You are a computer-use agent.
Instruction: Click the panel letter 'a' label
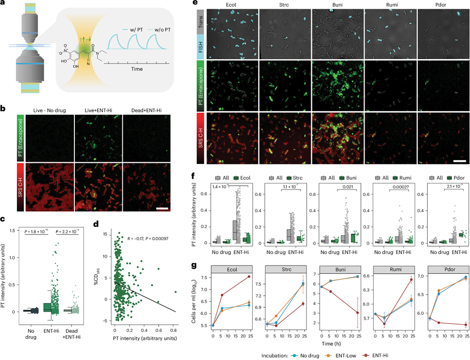4,4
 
